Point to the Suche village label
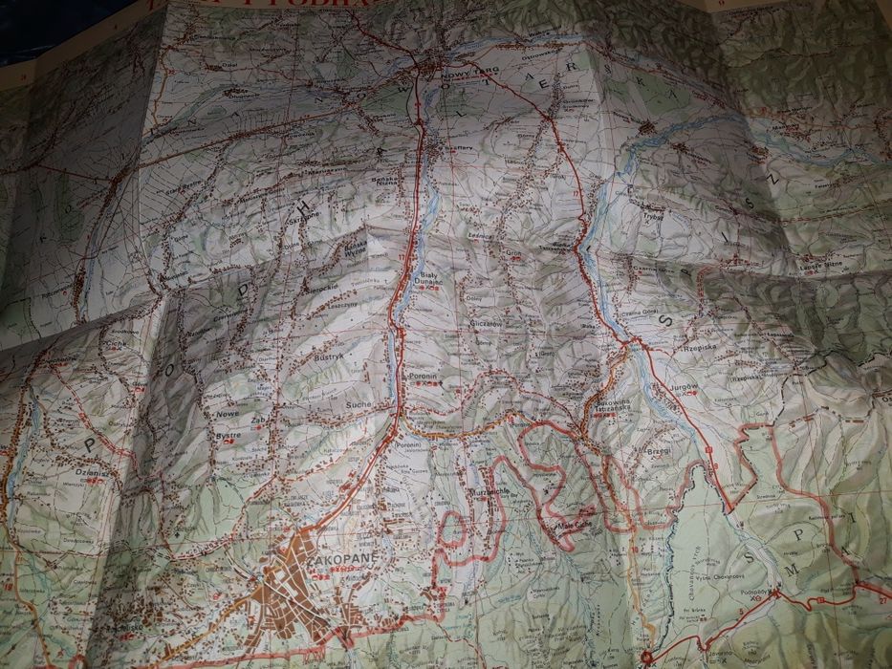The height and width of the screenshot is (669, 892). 360,405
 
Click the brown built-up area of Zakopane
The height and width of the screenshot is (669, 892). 287,583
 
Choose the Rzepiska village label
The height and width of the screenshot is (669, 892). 692,350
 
